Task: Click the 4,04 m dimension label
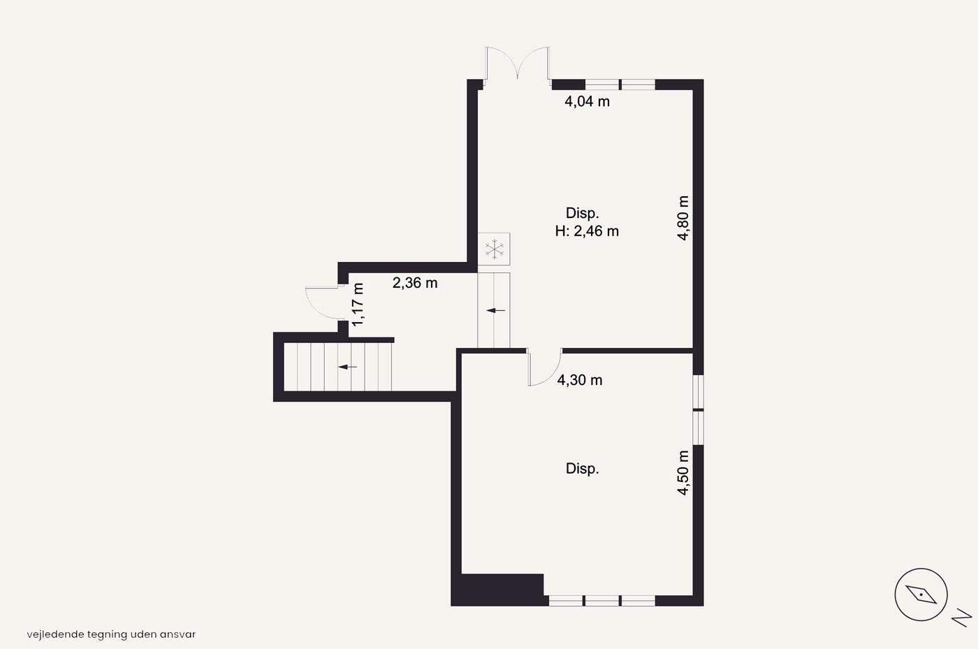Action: point(587,101)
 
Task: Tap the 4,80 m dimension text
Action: point(683,218)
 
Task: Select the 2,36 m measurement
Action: point(415,283)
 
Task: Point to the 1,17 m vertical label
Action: point(358,305)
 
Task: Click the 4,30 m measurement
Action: point(580,380)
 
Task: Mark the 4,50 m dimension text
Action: point(683,473)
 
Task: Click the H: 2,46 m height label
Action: point(587,231)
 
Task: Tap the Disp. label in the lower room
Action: point(582,469)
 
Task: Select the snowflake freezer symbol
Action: point(495,249)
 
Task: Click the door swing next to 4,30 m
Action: point(544,367)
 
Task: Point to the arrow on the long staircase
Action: point(348,367)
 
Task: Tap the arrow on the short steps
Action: point(495,310)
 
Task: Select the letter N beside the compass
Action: point(962,618)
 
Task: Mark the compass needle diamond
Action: point(921,595)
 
